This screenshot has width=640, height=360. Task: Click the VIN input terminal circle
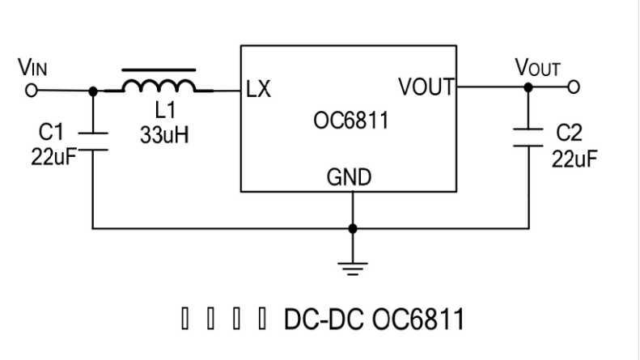pos(32,91)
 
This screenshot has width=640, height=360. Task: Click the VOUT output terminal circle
pos(574,87)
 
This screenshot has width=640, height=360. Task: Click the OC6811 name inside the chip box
pos(350,123)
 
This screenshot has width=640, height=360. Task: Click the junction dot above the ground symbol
pos(352,228)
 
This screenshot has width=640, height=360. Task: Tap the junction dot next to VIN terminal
pos(93,91)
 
